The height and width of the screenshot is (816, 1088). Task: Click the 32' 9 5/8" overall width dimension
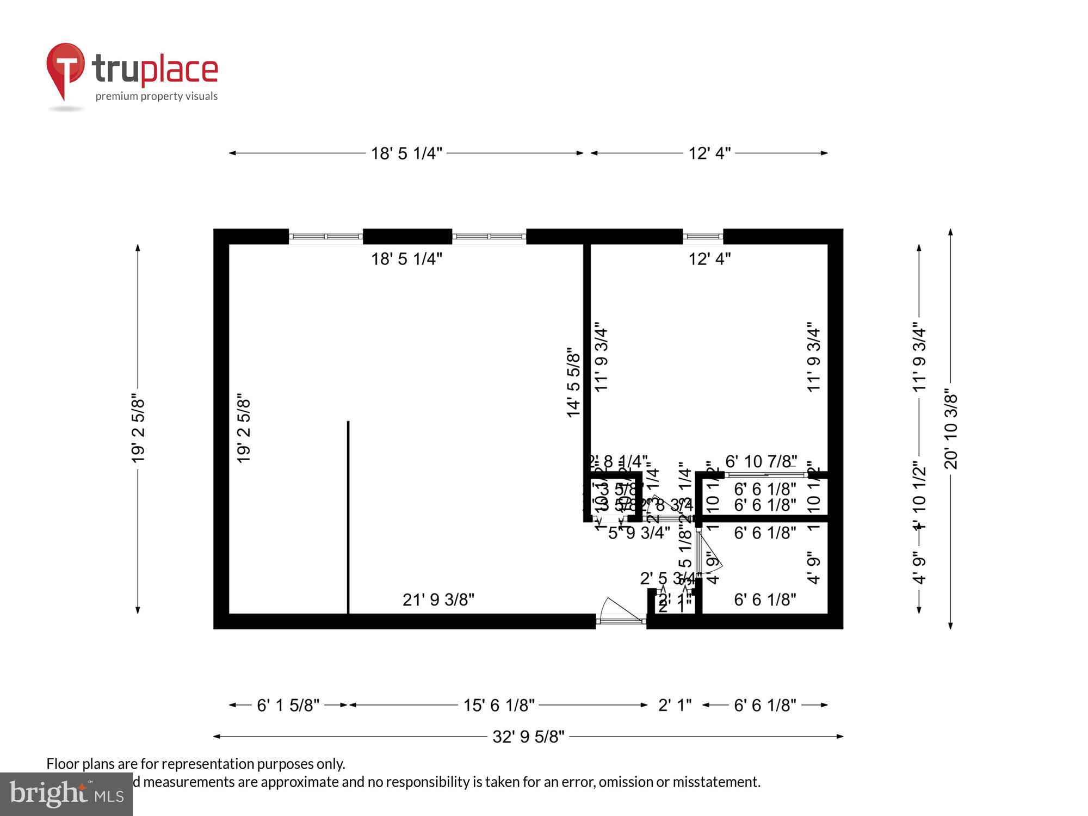pyautogui.click(x=528, y=737)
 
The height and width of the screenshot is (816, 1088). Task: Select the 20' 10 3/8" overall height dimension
pyautogui.click(x=950, y=429)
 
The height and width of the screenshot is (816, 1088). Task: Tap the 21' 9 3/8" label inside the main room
pyautogui.click(x=438, y=599)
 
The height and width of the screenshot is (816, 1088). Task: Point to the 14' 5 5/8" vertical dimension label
pyautogui.click(x=574, y=383)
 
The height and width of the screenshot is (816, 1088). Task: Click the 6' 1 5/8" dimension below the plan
pyautogui.click(x=288, y=706)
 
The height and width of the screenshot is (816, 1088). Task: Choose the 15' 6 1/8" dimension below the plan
pyautogui.click(x=499, y=706)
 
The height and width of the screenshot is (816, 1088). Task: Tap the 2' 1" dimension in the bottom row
pyautogui.click(x=675, y=706)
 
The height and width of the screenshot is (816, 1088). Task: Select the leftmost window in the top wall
pyautogui.click(x=325, y=237)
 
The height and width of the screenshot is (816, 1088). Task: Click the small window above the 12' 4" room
pyautogui.click(x=702, y=237)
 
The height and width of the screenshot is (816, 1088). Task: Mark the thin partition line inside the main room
pyautogui.click(x=348, y=517)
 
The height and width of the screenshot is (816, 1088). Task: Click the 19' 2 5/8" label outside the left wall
pyautogui.click(x=138, y=430)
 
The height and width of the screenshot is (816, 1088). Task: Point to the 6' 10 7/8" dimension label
pyautogui.click(x=761, y=461)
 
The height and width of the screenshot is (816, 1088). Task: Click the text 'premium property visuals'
pyautogui.click(x=157, y=96)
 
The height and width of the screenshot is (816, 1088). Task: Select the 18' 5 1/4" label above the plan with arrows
pyautogui.click(x=406, y=153)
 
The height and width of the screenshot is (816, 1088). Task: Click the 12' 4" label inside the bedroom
pyautogui.click(x=709, y=259)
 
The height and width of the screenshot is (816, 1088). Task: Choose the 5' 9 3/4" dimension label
pyautogui.click(x=639, y=533)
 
